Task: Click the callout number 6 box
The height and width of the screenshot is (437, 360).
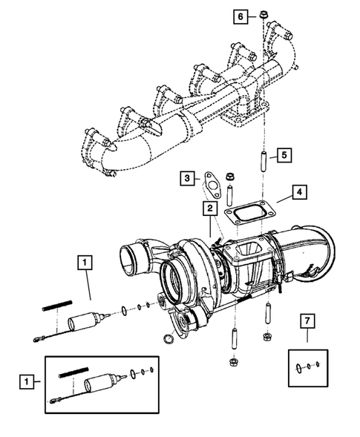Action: [x=240, y=15]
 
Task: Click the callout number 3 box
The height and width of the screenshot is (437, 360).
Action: [x=189, y=179]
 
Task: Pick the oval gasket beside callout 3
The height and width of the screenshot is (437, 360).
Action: [x=211, y=181]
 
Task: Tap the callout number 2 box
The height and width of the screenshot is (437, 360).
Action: [x=211, y=208]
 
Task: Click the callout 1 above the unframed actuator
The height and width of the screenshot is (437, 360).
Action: [x=87, y=262]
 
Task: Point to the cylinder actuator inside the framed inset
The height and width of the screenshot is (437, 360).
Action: [x=98, y=384]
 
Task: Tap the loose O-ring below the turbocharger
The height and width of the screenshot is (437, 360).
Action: [x=168, y=340]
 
